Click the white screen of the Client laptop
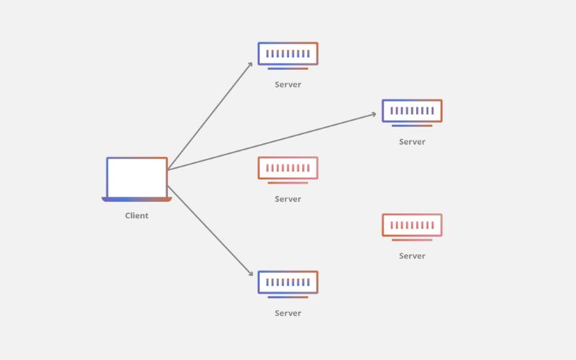137,178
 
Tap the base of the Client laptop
137,199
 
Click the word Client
137,215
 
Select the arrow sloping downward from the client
210,231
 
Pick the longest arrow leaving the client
272,142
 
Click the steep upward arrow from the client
210,116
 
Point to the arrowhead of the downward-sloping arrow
251,273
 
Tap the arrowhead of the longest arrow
373,114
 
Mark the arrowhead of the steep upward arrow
250,65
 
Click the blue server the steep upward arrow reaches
288,56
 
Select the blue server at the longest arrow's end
412,113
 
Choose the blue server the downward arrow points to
288,284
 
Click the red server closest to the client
288,170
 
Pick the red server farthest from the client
412,227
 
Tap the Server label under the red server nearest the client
288,199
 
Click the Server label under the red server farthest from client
412,256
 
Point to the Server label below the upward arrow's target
288,84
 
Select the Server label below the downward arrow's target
288,313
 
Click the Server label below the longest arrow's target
412,142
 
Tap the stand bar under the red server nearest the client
288,183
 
